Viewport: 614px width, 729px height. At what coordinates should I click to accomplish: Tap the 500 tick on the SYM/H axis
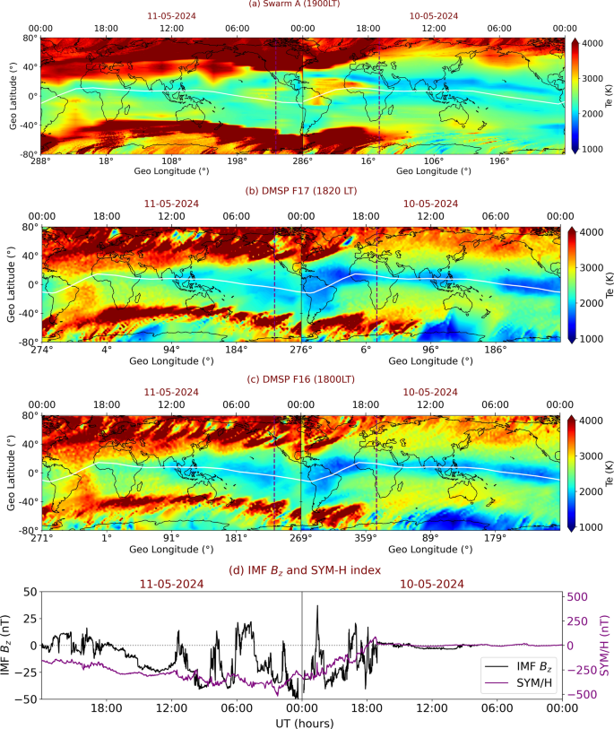(578, 596)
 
